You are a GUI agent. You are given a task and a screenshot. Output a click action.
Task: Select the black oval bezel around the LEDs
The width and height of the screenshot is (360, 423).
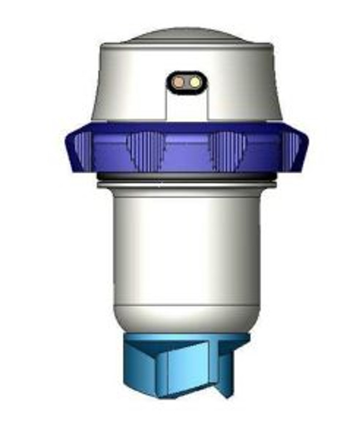tap(186, 74)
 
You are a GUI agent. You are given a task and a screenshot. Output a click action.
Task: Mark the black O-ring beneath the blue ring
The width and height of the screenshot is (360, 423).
tap(186, 178)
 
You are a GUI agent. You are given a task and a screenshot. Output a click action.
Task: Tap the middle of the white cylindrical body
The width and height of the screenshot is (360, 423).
tap(186, 245)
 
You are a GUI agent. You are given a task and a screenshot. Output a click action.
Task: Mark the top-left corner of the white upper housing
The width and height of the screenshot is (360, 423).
tap(102, 48)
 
